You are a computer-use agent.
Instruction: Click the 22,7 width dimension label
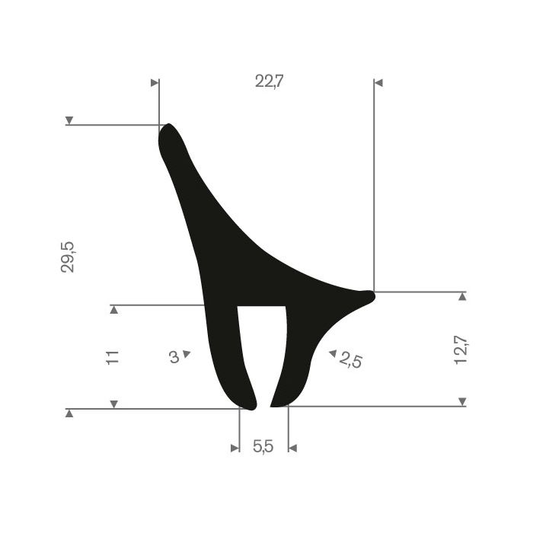pos(269,81)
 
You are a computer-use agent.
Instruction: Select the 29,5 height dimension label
pos(67,257)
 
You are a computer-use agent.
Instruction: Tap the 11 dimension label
pos(113,358)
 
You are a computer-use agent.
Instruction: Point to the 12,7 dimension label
pos(461,350)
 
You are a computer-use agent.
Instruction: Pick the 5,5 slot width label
pos(263,446)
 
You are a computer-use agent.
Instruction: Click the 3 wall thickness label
pos(174,357)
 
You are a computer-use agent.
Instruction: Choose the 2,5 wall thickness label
pos(350,360)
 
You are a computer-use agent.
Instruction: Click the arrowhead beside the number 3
pos(187,354)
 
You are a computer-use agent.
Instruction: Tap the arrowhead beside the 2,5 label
pos(333,353)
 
